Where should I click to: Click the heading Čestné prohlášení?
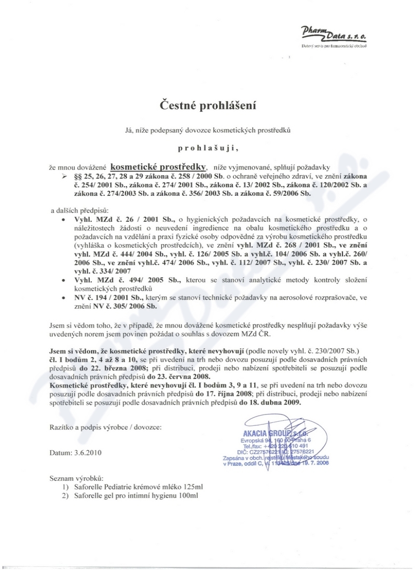click(208, 105)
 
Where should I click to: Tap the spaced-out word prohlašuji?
click(208, 148)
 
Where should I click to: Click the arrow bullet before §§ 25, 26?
click(64, 177)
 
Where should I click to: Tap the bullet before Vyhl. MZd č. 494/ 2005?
click(63, 280)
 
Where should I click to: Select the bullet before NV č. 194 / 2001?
click(63, 298)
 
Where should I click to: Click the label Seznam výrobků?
click(76, 477)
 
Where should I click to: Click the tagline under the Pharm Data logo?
click(335, 46)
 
